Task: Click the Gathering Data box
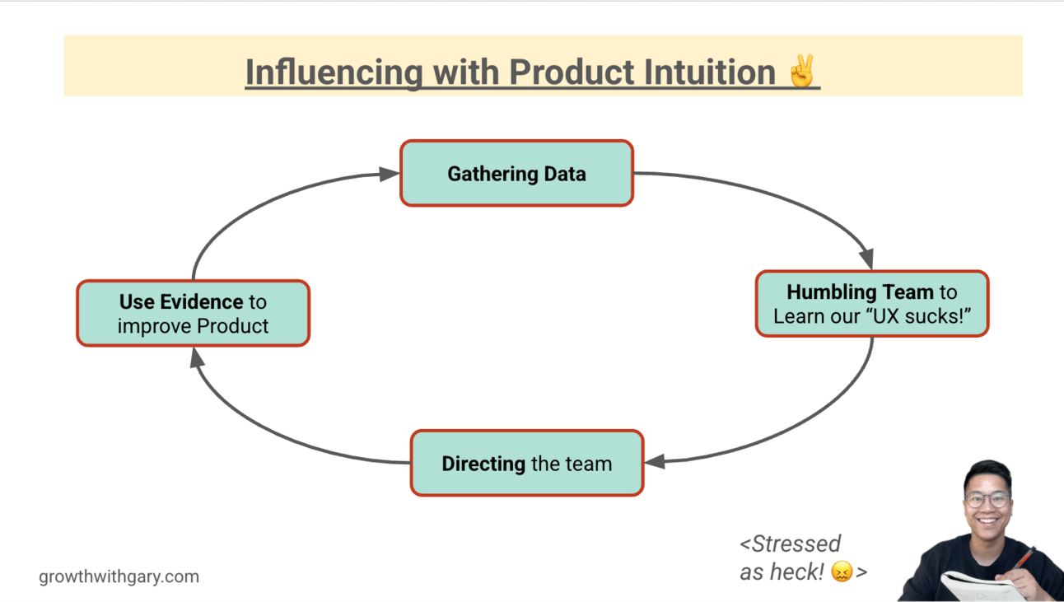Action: (x=516, y=173)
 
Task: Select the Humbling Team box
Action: (x=871, y=304)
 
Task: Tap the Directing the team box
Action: (x=526, y=463)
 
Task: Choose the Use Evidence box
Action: (x=193, y=313)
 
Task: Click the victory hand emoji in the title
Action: (x=801, y=72)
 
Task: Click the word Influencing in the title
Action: (x=334, y=72)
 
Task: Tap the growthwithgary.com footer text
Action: (x=119, y=576)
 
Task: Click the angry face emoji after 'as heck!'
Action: (x=842, y=572)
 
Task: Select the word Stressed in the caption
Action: (x=796, y=544)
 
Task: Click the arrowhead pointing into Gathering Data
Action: (x=389, y=174)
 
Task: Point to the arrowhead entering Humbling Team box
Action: (x=866, y=259)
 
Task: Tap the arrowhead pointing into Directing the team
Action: (x=655, y=462)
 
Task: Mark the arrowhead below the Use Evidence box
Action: (x=196, y=357)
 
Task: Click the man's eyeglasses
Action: (x=987, y=500)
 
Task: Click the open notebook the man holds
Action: (x=980, y=587)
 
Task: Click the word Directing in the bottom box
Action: (x=483, y=464)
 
